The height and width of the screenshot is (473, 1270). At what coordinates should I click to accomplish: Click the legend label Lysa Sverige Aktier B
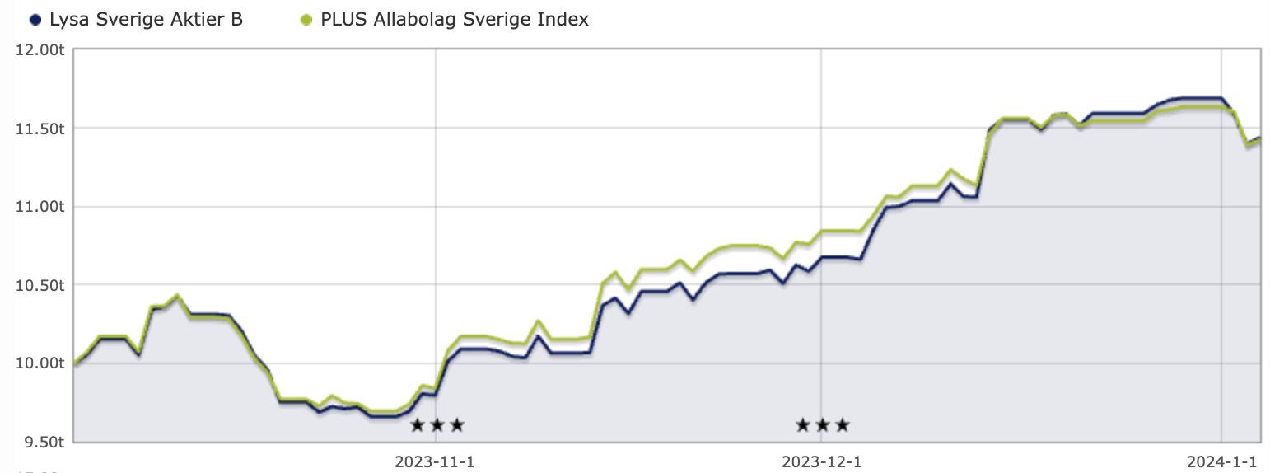(x=146, y=20)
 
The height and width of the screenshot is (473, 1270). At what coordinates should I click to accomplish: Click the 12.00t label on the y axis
(x=40, y=50)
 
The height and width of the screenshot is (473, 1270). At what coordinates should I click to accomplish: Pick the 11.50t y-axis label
(x=40, y=129)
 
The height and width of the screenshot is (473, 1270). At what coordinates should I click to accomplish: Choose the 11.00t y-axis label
(x=40, y=207)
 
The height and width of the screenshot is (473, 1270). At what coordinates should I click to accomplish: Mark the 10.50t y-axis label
(x=40, y=285)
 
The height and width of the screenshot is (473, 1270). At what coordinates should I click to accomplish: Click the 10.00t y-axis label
(x=40, y=363)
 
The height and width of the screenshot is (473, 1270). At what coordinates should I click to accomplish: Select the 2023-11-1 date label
(x=436, y=461)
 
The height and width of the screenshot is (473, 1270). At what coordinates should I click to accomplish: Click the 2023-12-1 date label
(x=821, y=461)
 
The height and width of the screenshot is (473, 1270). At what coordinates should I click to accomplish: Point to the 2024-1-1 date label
(x=1221, y=461)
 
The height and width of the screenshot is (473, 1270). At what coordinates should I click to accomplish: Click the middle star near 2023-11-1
(x=437, y=425)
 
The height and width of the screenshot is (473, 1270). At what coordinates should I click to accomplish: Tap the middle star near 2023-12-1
(x=822, y=425)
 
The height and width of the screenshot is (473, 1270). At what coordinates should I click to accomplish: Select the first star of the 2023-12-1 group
(x=802, y=425)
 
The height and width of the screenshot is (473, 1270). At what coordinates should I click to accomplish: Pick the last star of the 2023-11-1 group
(x=457, y=425)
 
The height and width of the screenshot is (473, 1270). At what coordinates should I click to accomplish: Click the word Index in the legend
(x=566, y=20)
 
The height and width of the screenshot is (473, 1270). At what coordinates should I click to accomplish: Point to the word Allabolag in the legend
(x=407, y=20)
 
